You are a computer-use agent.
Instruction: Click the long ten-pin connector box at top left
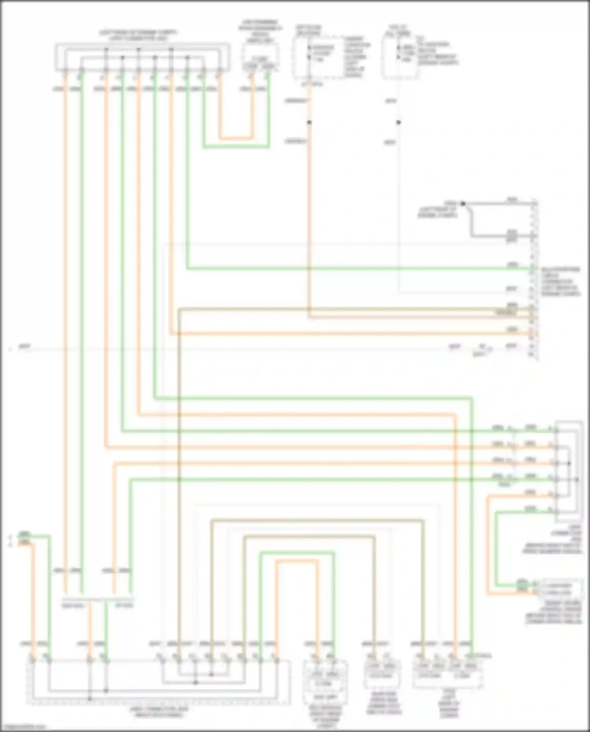pos(142,58)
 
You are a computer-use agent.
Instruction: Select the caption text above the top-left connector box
pos(138,35)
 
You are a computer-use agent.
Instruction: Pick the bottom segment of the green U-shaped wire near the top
pos(236,148)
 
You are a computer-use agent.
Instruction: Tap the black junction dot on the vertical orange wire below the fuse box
pos(309,122)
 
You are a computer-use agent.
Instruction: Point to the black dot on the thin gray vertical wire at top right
pos(398,122)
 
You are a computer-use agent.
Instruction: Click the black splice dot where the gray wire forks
pos(463,204)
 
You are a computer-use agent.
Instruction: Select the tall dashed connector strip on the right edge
pos(534,279)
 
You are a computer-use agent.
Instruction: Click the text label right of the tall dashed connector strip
pos(560,282)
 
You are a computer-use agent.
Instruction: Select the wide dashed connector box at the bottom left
pos(157,682)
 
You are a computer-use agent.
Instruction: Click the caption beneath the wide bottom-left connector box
pos(159,712)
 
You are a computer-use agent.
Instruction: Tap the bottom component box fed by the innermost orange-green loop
pos(324,682)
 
